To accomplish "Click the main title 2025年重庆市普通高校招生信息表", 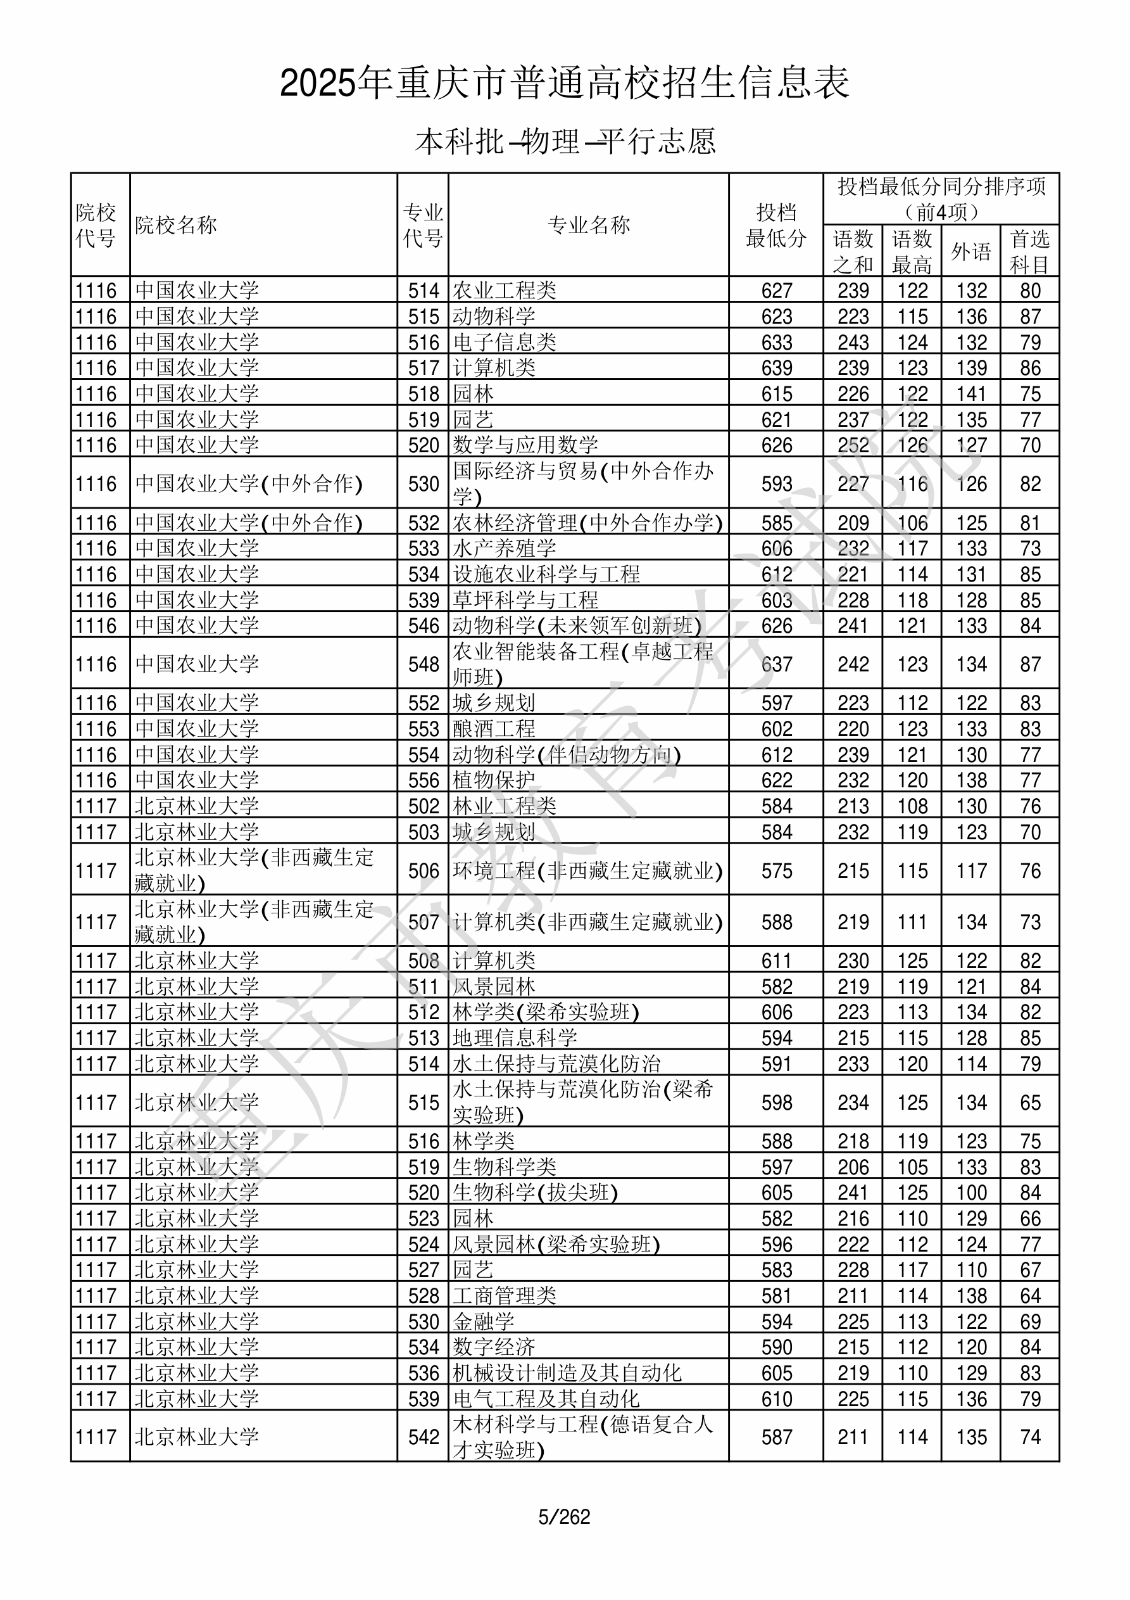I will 564,84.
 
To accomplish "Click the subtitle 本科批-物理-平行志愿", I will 564,141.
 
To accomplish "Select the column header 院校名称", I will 176,225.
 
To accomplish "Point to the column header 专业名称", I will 589,225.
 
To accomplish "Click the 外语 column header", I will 970,251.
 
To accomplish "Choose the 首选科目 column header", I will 1030,251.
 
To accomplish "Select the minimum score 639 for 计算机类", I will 776,368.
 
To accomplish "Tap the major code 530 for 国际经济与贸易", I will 424,484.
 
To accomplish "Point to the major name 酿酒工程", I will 494,729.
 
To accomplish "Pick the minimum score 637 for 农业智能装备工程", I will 776,664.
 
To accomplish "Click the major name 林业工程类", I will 505,806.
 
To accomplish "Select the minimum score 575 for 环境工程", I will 776,870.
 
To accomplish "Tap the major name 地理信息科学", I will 515,1038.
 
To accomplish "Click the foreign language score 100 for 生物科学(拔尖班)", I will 971,1192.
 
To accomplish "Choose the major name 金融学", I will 484,1321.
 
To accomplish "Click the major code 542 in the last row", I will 424,1437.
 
